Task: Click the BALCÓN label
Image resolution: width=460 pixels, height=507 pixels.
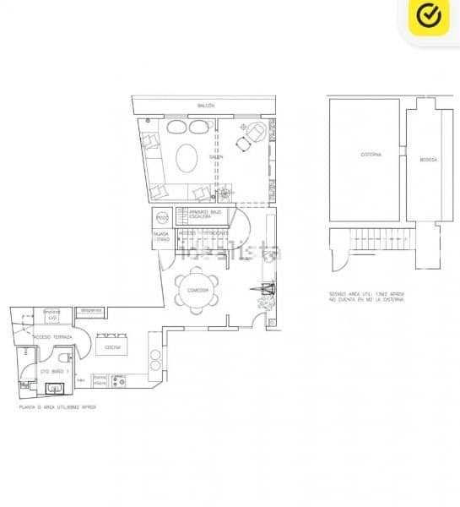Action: tap(206, 106)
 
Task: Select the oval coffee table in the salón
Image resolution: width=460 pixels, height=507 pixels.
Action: tap(187, 156)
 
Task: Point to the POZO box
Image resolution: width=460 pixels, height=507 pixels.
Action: tap(162, 217)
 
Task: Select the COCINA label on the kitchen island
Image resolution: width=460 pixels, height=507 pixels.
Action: tap(113, 346)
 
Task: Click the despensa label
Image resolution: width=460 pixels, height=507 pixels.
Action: tap(90, 310)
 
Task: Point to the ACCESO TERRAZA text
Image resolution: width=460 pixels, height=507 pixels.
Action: tap(52, 336)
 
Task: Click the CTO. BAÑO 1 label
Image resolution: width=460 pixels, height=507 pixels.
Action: tap(52, 371)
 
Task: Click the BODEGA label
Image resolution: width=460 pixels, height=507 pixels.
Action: tap(428, 159)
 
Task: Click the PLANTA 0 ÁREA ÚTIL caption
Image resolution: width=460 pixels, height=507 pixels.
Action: tap(57, 406)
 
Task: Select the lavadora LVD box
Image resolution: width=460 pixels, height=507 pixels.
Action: tap(51, 314)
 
